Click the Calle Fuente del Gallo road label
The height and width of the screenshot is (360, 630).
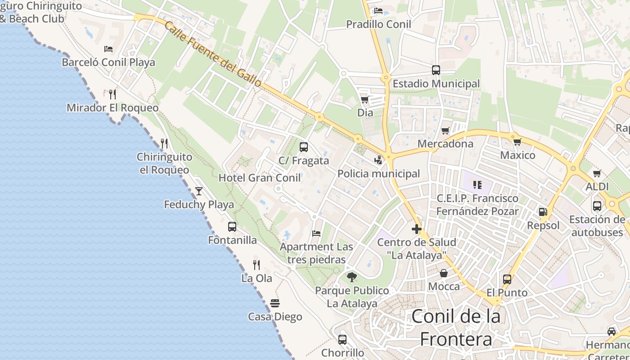tap(212, 54)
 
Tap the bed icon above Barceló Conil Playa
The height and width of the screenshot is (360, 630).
tap(108, 49)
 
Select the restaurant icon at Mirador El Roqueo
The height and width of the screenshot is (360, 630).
tap(112, 94)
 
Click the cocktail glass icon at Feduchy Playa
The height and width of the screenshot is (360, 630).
tap(198, 191)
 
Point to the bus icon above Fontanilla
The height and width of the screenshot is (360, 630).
tap(232, 227)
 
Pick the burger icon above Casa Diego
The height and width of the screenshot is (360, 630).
tap(275, 303)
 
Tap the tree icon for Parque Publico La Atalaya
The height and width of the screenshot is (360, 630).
tap(352, 277)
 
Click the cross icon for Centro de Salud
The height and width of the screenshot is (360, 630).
tap(417, 229)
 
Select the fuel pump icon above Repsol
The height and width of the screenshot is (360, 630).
tap(543, 211)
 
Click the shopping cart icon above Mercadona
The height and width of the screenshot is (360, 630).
tap(445, 130)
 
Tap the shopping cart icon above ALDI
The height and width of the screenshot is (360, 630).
tap(597, 173)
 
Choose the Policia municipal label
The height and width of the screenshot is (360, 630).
tap(378, 174)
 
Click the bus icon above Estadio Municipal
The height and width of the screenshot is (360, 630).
tap(436, 70)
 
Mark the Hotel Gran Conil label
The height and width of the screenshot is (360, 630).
tap(260, 178)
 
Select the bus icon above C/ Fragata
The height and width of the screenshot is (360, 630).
tap(304, 147)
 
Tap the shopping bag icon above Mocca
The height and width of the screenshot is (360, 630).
tap(444, 273)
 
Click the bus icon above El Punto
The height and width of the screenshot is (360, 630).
tap(507, 279)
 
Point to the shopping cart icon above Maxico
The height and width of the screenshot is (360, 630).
tap(517, 142)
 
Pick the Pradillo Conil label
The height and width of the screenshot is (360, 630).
tap(378, 24)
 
